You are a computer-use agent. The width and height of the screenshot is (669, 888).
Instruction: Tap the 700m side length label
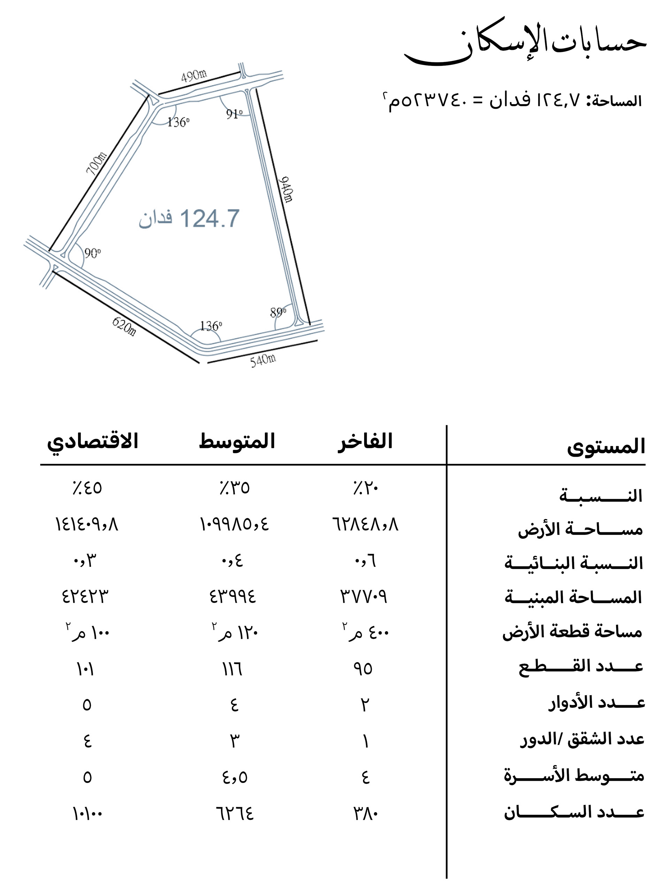(97, 163)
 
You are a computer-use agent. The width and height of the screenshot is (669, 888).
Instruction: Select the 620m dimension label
(124, 326)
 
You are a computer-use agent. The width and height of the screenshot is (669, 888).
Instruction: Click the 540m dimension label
(263, 360)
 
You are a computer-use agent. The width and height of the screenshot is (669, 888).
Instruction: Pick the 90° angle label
(92, 253)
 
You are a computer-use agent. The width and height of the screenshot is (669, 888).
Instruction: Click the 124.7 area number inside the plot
(210, 219)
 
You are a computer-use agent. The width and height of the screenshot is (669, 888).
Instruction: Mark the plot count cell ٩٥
(363, 669)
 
